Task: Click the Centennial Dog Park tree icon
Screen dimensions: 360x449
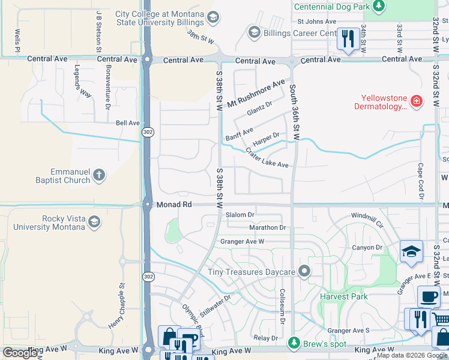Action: click(378, 6)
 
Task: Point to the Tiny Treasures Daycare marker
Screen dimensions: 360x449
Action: click(304, 272)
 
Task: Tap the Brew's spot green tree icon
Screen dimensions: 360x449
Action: click(294, 343)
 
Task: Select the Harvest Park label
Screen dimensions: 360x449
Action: click(343, 296)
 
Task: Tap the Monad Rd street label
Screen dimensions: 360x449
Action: click(174, 205)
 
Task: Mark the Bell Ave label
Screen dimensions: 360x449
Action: click(127, 123)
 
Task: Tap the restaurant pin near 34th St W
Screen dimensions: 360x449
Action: click(348, 39)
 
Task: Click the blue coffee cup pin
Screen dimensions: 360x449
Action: click(429, 296)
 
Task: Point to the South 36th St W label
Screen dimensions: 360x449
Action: click(295, 113)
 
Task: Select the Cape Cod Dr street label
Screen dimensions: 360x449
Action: click(421, 181)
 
